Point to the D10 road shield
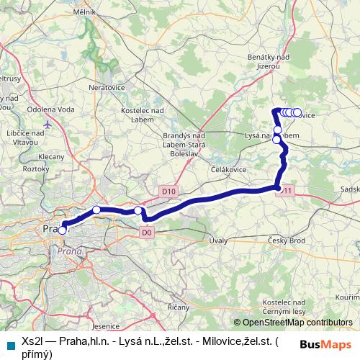click(168, 191)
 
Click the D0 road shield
click(147, 232)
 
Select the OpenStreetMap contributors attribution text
click(294, 323)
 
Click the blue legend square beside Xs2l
click(10, 344)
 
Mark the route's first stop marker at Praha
click(63, 230)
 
